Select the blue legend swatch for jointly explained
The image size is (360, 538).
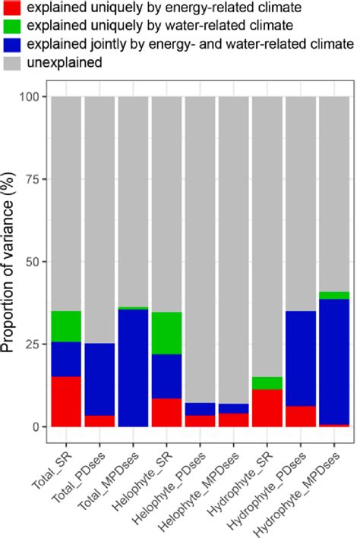(x=13, y=46)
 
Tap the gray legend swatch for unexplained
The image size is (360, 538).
(x=13, y=63)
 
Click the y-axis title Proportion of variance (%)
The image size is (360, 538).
(x=11, y=262)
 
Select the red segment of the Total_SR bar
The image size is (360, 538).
(x=66, y=401)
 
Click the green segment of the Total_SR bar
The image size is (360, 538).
(x=66, y=326)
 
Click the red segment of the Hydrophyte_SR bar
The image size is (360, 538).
(x=267, y=407)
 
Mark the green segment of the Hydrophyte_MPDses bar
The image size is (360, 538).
(x=333, y=295)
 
